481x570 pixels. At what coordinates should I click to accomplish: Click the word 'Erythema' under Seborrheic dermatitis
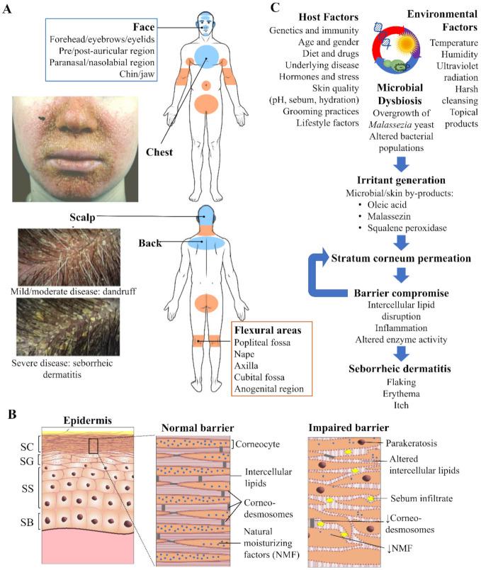pyautogui.click(x=400, y=396)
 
